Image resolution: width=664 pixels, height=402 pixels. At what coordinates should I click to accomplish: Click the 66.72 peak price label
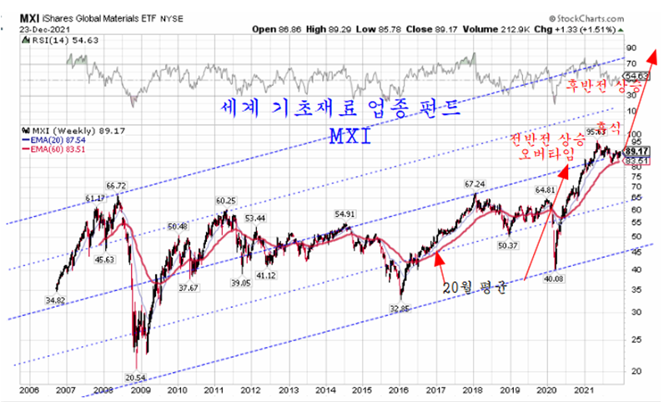tap(115, 185)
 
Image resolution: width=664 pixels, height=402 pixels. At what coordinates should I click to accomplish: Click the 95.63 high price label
tap(595, 130)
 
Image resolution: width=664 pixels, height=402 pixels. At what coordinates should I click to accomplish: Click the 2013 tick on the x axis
tap(286, 389)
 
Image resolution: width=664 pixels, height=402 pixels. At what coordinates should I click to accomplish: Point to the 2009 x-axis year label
tap(140, 389)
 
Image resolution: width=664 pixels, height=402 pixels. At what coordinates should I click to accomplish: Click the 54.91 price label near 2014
tap(345, 214)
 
